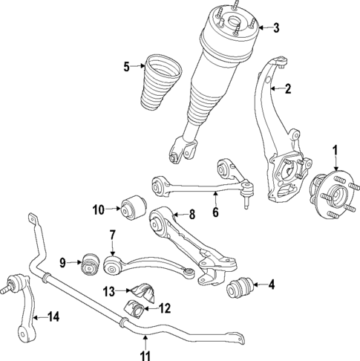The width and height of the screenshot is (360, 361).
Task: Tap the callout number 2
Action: [288, 90]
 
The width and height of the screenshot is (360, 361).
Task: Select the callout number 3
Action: [275, 29]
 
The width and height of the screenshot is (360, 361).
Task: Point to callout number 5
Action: [126, 67]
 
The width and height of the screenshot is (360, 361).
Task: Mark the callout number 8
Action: [192, 215]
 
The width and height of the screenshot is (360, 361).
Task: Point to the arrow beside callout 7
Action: [112, 249]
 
